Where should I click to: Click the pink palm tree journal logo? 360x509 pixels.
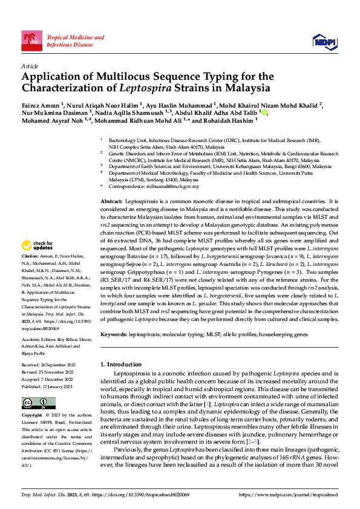(x=31, y=41)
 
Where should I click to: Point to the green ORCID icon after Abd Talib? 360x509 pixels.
(x=263, y=112)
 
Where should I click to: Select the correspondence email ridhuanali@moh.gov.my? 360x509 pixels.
(x=168, y=186)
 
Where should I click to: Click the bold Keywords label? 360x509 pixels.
(x=114, y=334)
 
